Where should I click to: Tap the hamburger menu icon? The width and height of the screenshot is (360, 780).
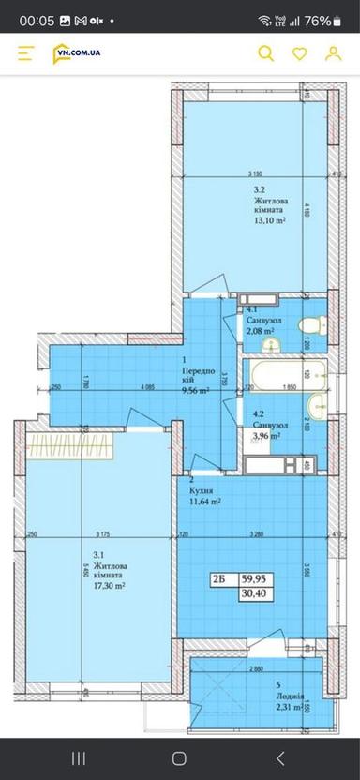[26, 54]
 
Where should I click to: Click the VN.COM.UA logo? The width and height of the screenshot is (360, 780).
[77, 53]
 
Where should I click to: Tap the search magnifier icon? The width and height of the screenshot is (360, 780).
[266, 54]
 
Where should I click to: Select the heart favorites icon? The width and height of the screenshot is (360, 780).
[300, 54]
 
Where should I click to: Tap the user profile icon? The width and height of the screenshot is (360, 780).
[333, 54]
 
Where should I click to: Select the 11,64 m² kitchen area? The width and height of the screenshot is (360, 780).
[203, 502]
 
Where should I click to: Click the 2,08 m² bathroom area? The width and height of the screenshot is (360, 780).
[260, 330]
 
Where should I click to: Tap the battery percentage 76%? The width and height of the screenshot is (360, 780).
[318, 20]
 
